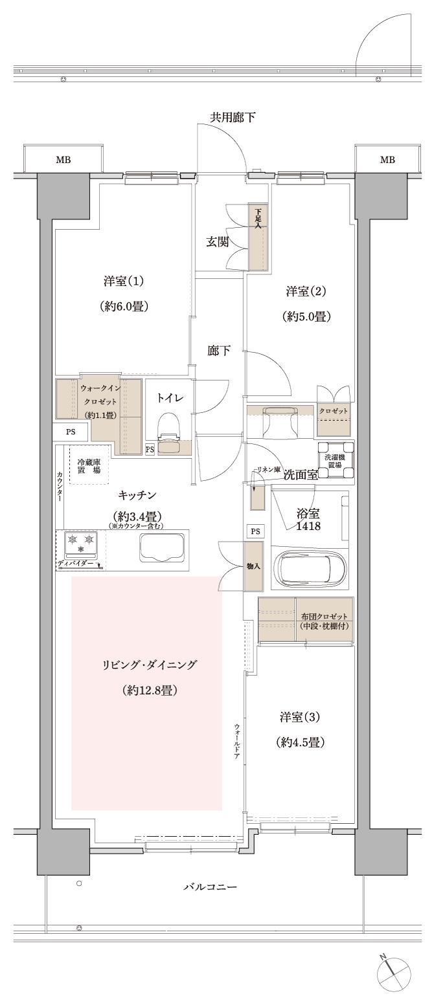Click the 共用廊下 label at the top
tap(232, 117)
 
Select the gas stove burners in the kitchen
tap(81, 542)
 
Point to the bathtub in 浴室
tap(310, 568)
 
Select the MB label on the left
tap(63, 159)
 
